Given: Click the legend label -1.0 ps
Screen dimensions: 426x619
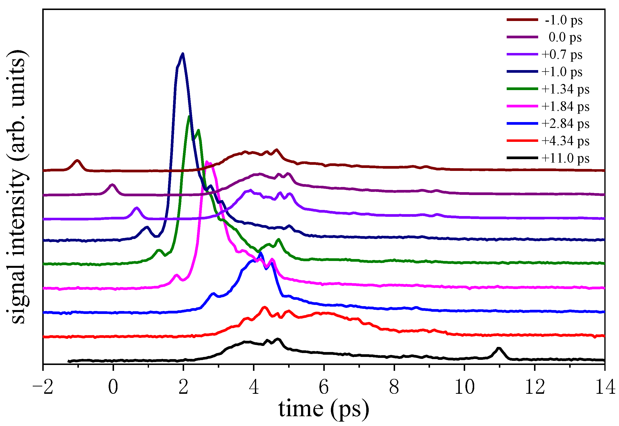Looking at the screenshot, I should click(x=564, y=20).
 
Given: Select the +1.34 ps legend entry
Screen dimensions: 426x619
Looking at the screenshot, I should click(x=565, y=89).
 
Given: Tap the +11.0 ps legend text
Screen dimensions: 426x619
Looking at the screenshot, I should click(x=565, y=158).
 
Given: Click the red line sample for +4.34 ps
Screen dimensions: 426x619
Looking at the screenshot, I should click(x=522, y=141).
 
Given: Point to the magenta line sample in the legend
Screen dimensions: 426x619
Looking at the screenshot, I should click(x=522, y=106).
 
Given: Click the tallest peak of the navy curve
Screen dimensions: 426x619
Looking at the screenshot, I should click(x=183, y=54).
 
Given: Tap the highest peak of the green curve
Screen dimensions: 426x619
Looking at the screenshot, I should click(x=189, y=116).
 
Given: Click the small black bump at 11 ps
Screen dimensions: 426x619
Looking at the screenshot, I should click(x=499, y=348).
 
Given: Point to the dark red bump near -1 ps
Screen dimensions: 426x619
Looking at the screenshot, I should click(x=77, y=161).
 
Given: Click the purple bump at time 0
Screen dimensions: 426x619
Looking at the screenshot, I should click(x=112, y=185).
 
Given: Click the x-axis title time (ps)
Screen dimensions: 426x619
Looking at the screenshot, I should click(x=324, y=409).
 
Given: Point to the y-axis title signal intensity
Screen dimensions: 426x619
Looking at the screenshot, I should click(x=18, y=187).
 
